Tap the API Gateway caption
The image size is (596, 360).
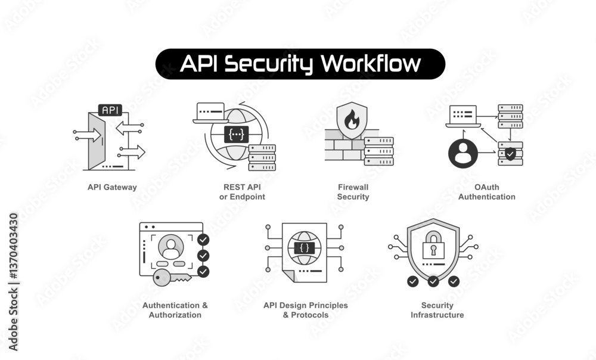pyautogui.click(x=112, y=187)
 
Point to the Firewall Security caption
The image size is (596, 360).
pyautogui.click(x=353, y=192)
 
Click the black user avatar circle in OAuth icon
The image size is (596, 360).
pyautogui.click(x=463, y=153)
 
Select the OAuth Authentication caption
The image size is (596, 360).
pyautogui.click(x=486, y=192)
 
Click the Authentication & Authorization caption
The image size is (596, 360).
pyautogui.click(x=175, y=310)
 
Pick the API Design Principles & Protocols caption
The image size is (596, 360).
pyautogui.click(x=305, y=310)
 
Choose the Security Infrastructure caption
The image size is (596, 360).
pyautogui.click(x=437, y=310)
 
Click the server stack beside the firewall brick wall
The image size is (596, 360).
pyautogui.click(x=378, y=151)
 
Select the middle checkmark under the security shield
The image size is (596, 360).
pyautogui.click(x=433, y=281)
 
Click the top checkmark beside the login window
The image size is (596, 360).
pyautogui.click(x=203, y=240)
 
